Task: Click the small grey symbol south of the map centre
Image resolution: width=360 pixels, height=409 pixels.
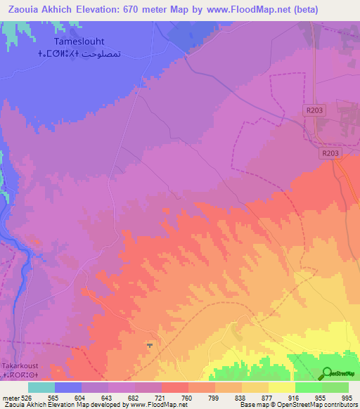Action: (x=149, y=345)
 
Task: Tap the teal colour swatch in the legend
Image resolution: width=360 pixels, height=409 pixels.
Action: (x=41, y=387)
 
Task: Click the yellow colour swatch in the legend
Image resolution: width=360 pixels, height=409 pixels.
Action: (x=282, y=387)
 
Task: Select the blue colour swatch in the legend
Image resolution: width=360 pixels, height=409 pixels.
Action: (x=68, y=387)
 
